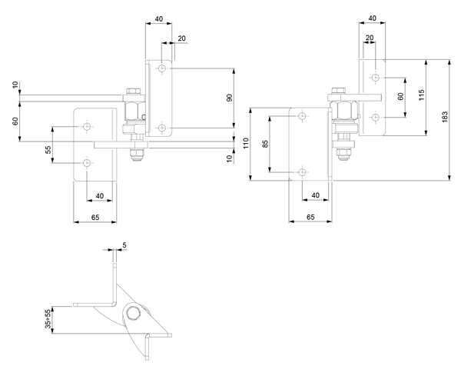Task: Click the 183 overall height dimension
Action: click(445, 117)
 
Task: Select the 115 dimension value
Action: click(421, 95)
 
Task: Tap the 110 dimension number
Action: click(246, 143)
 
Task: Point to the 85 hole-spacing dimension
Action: click(266, 144)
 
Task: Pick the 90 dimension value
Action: click(230, 98)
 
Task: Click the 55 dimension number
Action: click(48, 149)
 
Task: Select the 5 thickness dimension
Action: click(124, 245)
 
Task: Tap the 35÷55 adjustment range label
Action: click(48, 319)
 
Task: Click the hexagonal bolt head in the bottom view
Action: click(134, 314)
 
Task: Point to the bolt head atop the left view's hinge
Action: click(133, 92)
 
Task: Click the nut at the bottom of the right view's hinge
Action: click(343, 154)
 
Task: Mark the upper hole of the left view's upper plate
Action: click(161, 68)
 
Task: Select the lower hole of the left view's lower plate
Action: click(86, 162)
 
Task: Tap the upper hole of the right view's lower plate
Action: click(302, 116)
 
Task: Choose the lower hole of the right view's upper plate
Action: click(375, 117)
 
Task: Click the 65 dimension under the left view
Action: click(95, 218)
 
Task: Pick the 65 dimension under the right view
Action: click(310, 217)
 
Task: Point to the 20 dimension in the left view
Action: click(181, 38)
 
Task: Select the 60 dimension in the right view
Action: click(400, 97)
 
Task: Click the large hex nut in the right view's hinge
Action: click(343, 111)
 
